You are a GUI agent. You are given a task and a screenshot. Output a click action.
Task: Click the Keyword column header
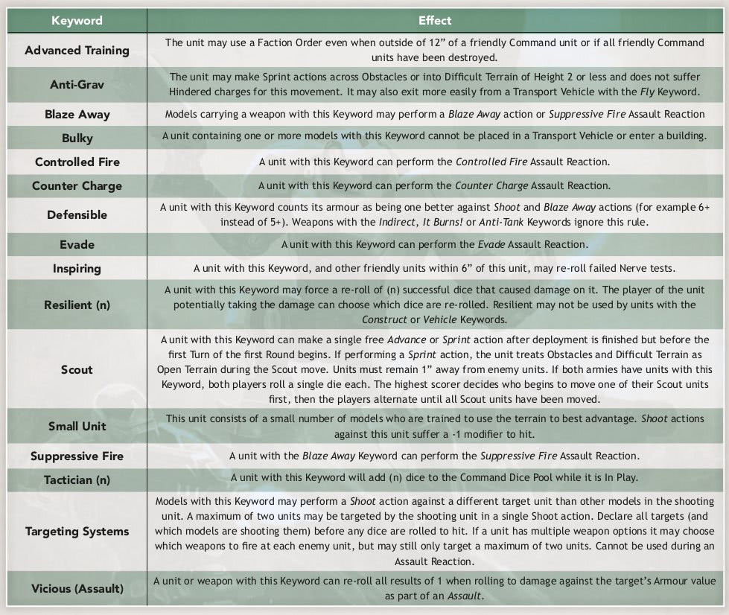(77, 20)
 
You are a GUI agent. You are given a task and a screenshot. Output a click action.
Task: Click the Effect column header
(435, 20)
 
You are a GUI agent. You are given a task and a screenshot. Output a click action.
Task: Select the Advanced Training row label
(77, 51)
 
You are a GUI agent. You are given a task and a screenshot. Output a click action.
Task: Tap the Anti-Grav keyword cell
(77, 84)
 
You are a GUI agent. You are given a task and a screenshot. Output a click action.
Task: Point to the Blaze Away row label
(77, 115)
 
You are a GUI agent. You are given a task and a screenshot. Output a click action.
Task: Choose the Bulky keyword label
(77, 138)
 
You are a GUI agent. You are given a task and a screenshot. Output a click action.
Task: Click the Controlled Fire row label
(77, 162)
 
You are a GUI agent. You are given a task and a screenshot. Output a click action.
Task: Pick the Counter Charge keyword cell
(77, 186)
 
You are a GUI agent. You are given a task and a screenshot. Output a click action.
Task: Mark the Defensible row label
(77, 214)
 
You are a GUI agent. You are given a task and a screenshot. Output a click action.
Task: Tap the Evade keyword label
(77, 244)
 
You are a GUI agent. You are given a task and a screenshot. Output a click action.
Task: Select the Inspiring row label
(77, 268)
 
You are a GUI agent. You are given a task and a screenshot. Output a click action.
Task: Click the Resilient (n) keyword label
(77, 304)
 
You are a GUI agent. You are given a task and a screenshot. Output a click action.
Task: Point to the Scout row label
(77, 369)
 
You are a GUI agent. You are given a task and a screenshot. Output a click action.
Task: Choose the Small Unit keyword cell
(77, 427)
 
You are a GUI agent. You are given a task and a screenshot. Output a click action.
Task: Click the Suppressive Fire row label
(77, 456)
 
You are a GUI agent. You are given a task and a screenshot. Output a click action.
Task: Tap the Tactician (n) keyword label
(77, 479)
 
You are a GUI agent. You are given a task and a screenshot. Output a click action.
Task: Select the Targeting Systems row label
(77, 532)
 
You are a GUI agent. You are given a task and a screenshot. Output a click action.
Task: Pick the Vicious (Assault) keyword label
(77, 589)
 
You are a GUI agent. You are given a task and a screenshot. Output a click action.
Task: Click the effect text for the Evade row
(435, 244)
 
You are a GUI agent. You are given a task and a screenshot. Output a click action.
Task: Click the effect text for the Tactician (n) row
(435, 478)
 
